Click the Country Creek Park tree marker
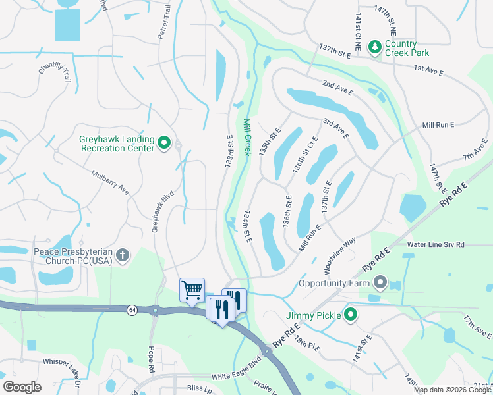pos(374,46)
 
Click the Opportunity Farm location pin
pos(380,284)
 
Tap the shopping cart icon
pos(192,289)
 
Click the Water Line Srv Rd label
pos(436,244)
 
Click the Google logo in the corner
pos(22,387)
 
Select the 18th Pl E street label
pos(306,342)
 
